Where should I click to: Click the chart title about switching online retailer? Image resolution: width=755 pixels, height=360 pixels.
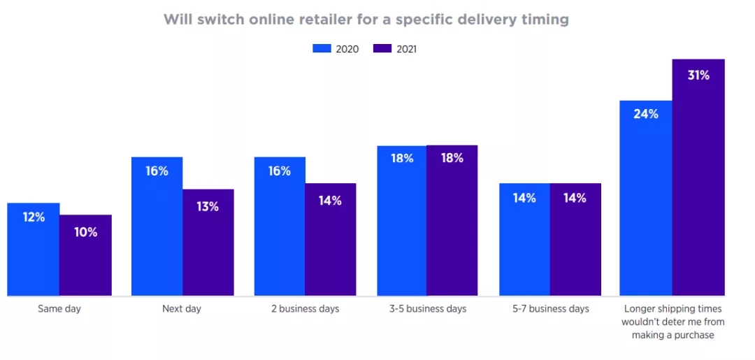click(x=366, y=20)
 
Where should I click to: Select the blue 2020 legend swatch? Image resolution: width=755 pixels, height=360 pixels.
click(x=321, y=49)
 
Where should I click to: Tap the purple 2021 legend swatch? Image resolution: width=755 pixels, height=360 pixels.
click(x=382, y=49)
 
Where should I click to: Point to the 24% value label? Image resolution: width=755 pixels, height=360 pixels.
click(x=646, y=114)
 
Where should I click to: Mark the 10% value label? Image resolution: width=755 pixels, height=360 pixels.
click(x=85, y=232)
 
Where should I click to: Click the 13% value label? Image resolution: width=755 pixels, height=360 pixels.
click(x=208, y=206)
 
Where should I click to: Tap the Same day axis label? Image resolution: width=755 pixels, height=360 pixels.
click(x=59, y=308)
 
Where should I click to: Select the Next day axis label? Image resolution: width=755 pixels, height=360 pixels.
click(x=182, y=308)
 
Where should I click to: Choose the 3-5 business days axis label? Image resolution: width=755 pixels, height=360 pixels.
click(x=427, y=308)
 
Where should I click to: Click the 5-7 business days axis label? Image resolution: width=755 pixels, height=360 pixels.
click(x=550, y=308)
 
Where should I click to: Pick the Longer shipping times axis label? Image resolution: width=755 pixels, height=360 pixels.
click(x=673, y=322)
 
